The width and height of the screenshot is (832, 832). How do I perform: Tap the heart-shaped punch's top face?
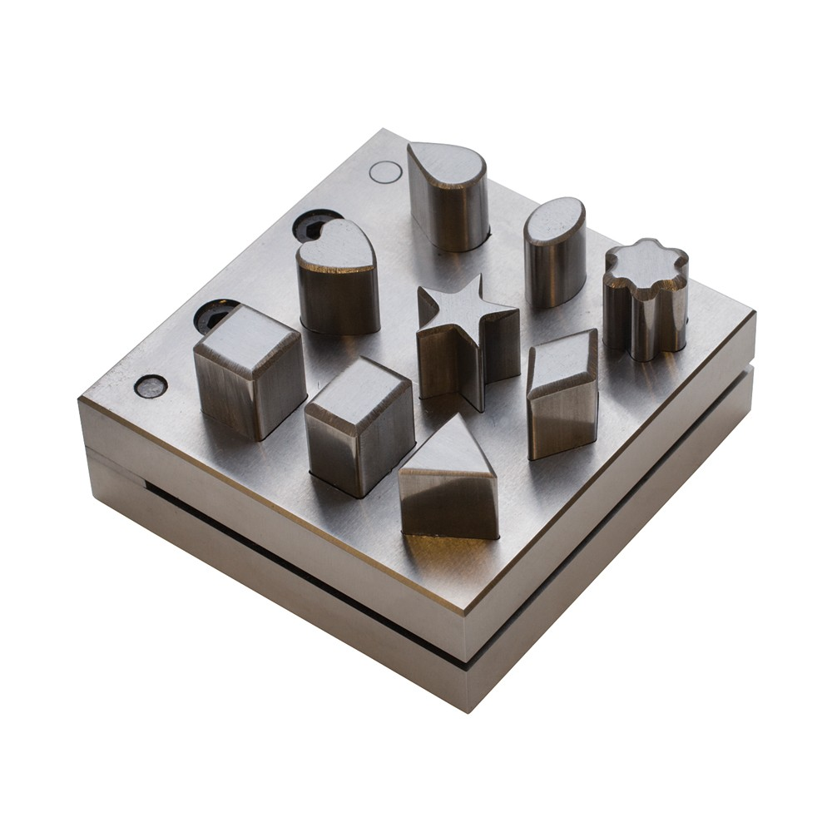(334, 248)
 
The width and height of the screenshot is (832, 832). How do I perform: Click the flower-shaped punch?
(646, 300)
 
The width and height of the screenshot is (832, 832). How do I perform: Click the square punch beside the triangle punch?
(359, 424)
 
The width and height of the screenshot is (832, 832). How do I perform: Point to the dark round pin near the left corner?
(150, 385)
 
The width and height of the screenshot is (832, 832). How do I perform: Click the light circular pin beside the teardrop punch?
(385, 172)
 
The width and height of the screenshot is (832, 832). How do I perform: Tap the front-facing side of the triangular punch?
(448, 508)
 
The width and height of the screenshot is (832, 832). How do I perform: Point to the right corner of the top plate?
(754, 314)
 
